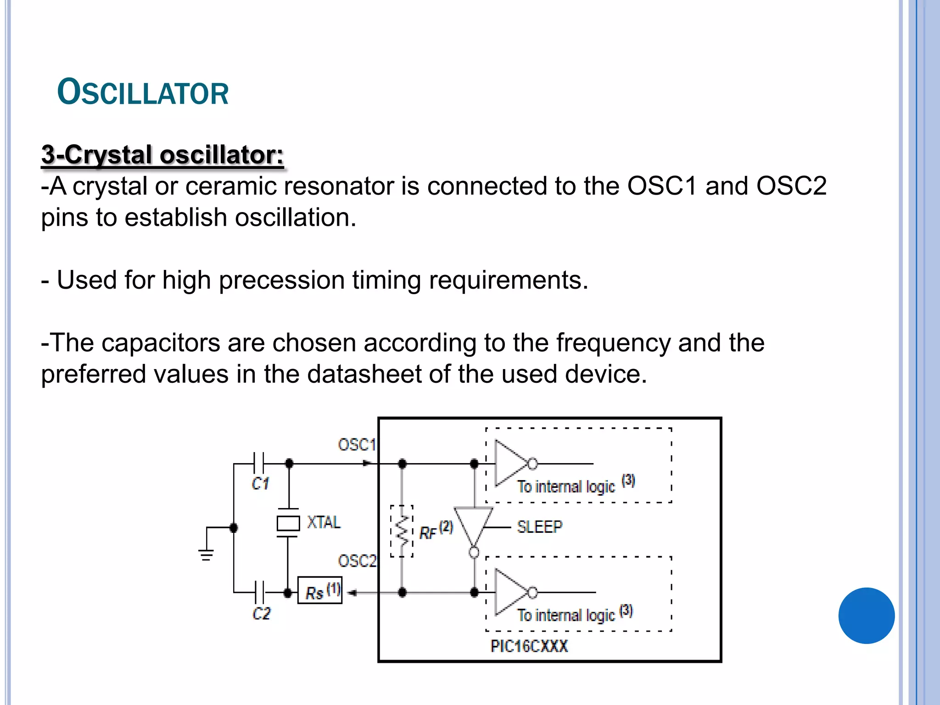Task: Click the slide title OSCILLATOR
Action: point(143,93)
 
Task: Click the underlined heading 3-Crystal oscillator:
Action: point(162,155)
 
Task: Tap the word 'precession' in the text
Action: point(281,280)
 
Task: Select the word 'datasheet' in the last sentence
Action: point(364,374)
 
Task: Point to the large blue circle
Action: point(866,615)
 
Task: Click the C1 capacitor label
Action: point(260,483)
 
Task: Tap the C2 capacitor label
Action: point(261,613)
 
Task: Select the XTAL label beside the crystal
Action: point(324,522)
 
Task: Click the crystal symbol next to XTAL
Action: point(288,523)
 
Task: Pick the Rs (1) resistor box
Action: point(320,591)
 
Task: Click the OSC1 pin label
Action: point(357,444)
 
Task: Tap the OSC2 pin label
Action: point(357,561)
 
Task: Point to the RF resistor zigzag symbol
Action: point(402,531)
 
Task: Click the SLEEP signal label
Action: point(539,527)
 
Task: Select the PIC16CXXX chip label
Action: point(529,646)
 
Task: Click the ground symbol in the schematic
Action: point(206,554)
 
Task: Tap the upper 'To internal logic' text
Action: point(566,487)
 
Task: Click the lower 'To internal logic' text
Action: point(566,615)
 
